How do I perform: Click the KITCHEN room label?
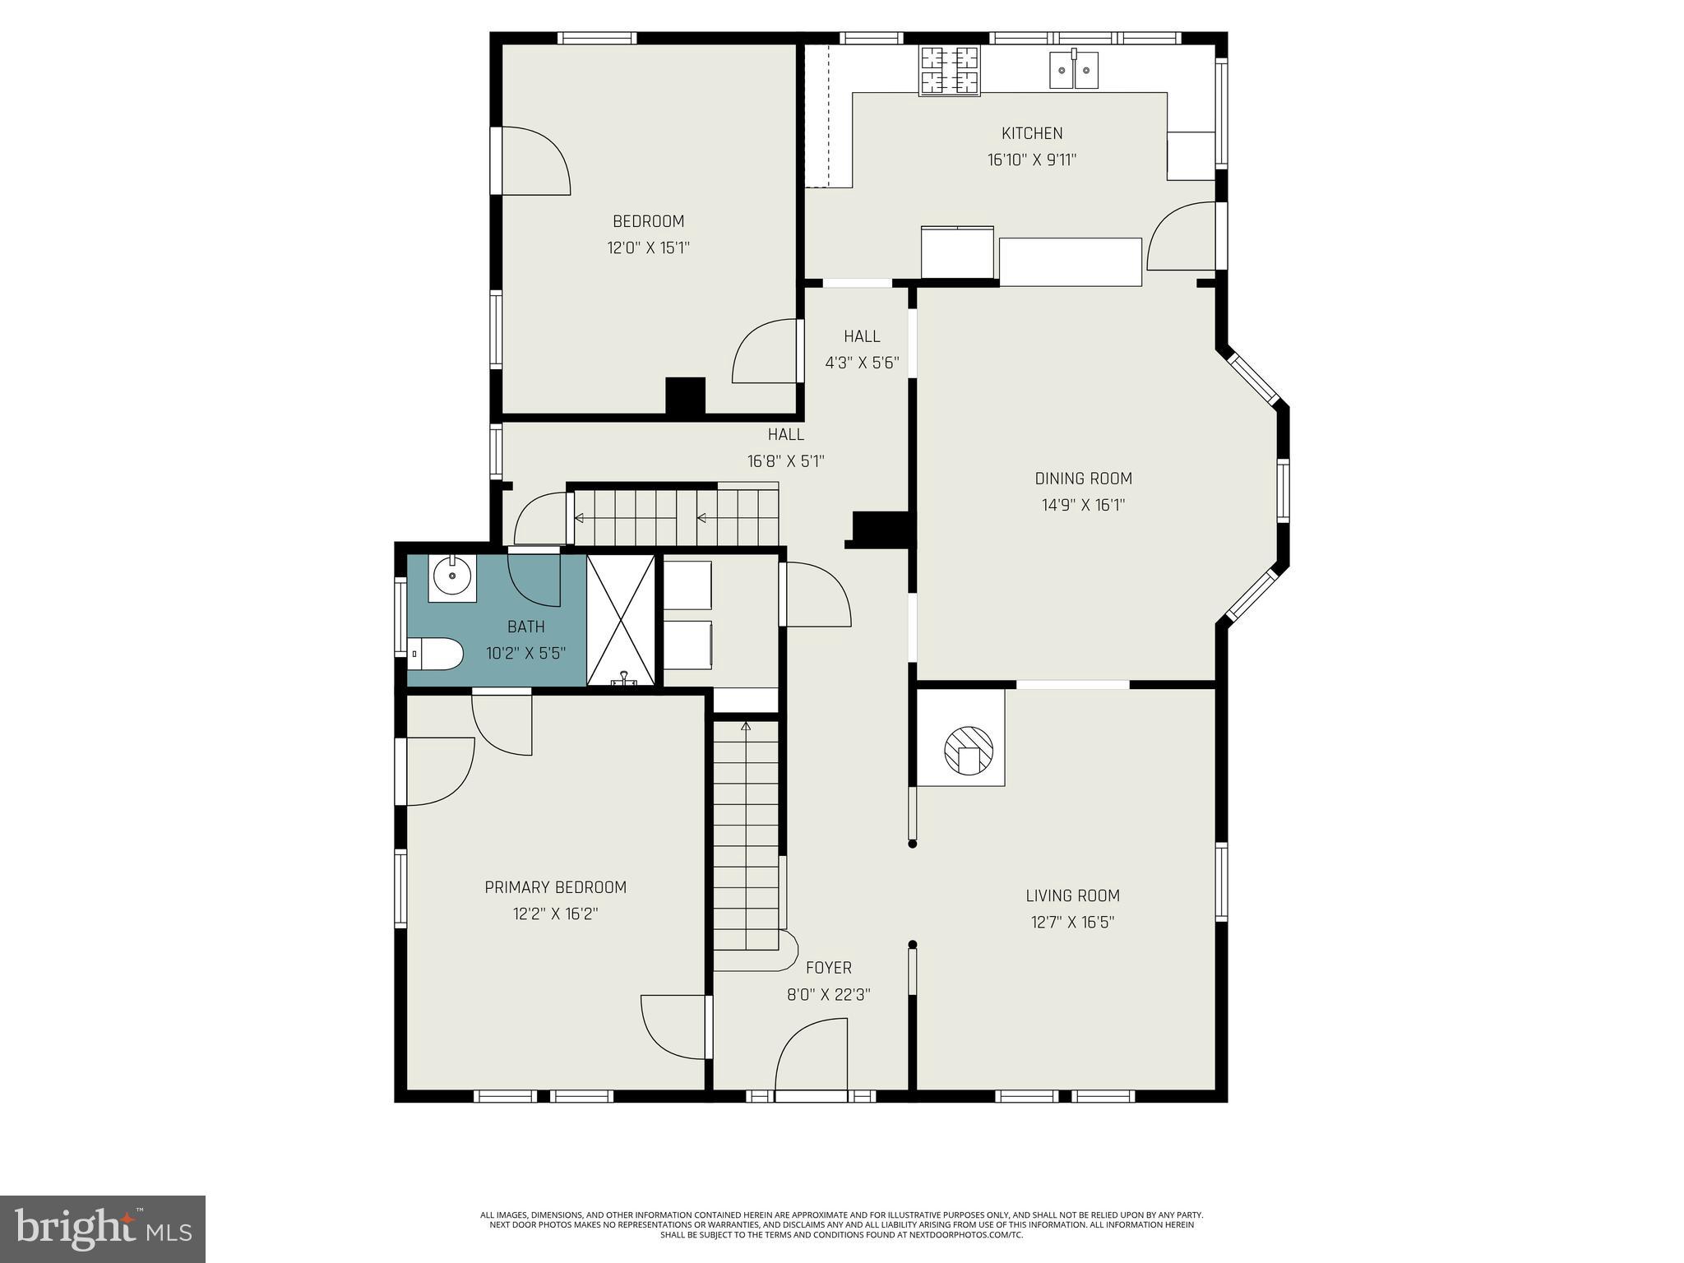1031,133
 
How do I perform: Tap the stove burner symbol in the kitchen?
950,70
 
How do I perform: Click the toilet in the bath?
436,654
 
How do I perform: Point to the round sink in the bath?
451,576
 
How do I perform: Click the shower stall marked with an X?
621,619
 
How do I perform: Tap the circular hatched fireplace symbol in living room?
968,750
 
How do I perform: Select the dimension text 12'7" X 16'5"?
1072,923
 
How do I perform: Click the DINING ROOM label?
1083,479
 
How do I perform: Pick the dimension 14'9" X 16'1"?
1083,505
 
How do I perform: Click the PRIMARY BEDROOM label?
555,887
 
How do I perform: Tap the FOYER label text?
828,968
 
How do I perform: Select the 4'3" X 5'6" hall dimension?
862,363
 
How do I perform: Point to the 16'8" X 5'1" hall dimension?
785,461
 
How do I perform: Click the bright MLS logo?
103,1228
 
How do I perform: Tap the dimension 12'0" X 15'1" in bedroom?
648,248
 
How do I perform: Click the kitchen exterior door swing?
1182,236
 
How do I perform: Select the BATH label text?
525,627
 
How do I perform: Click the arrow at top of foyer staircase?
746,727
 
